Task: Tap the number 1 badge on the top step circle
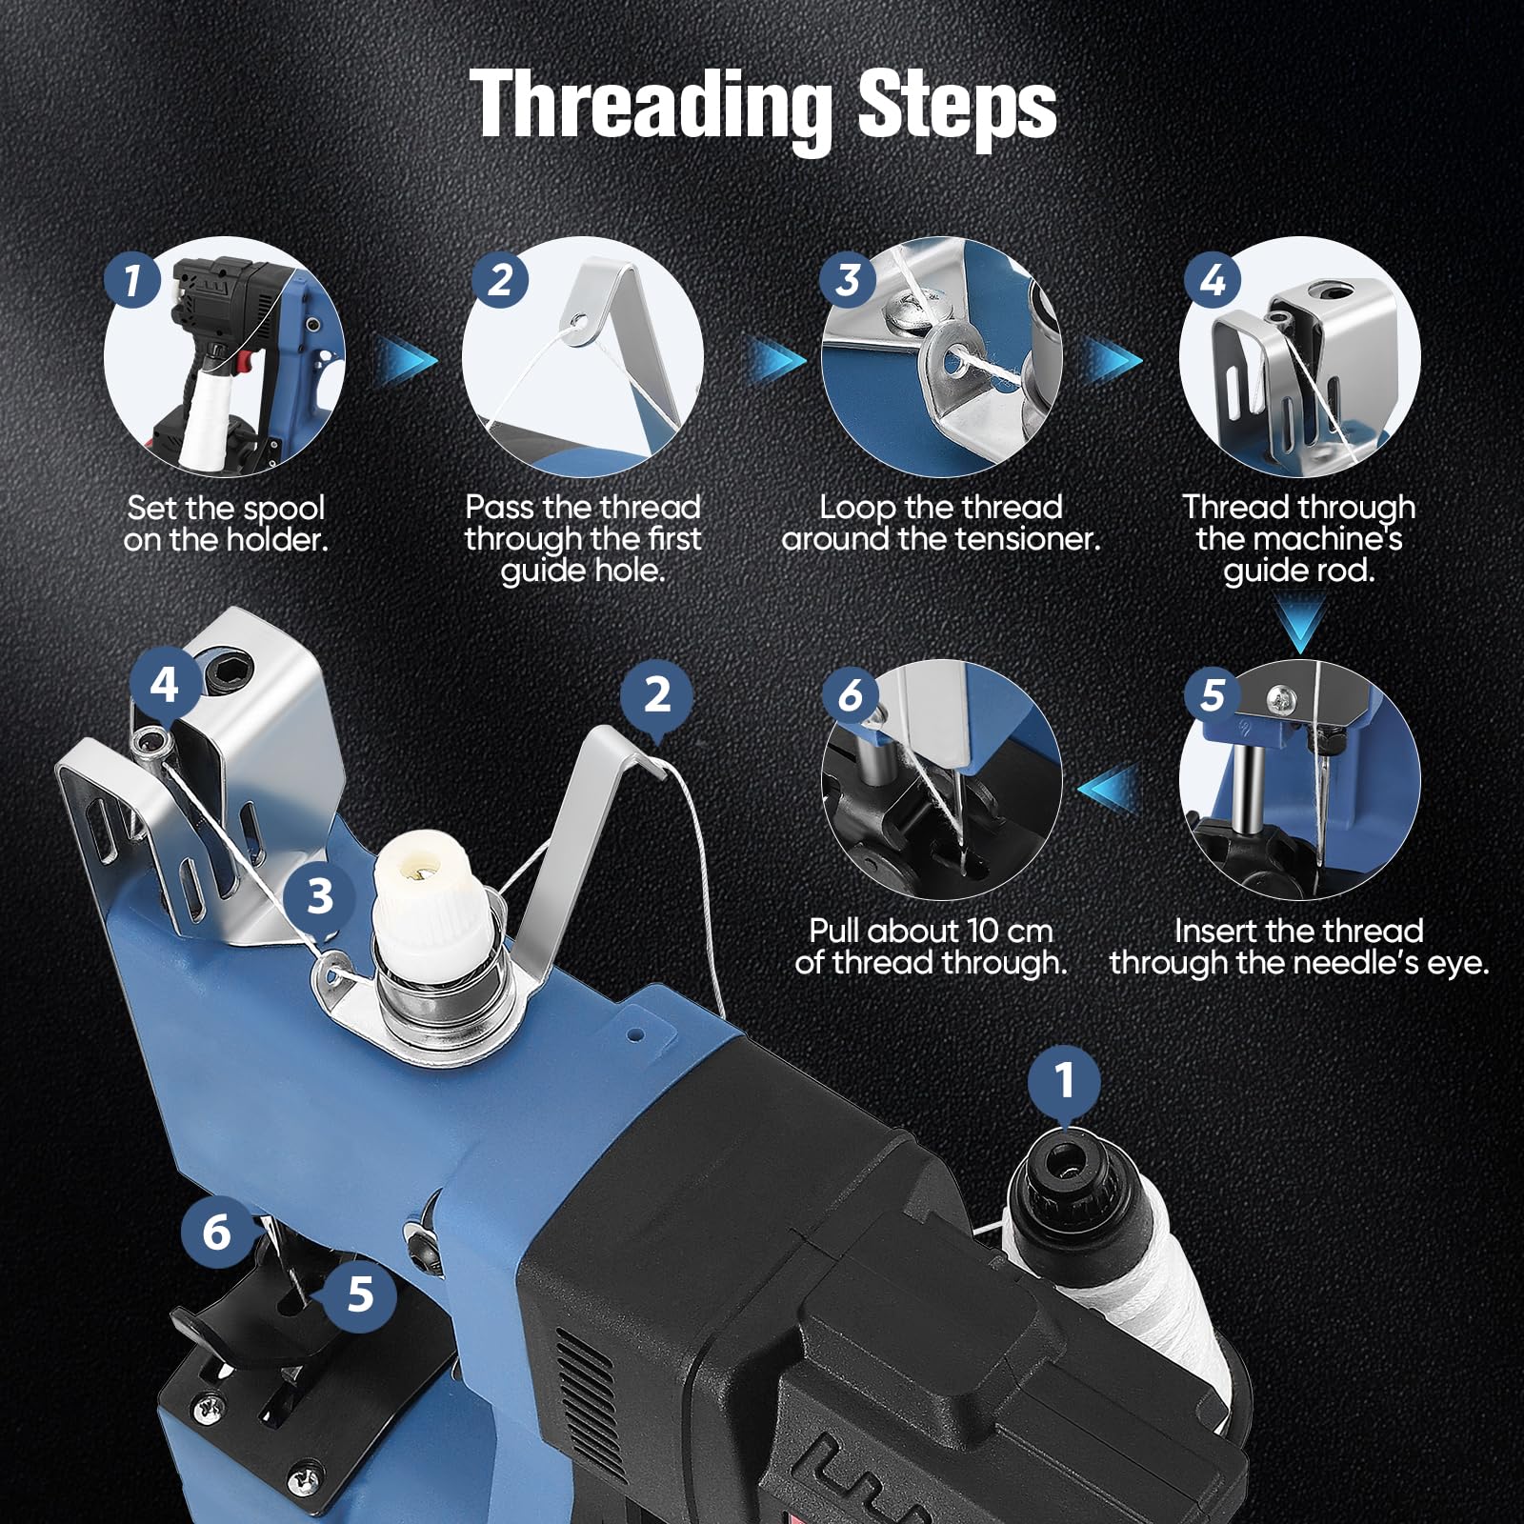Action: [132, 280]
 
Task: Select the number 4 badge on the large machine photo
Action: [165, 684]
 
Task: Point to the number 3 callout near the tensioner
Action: [320, 896]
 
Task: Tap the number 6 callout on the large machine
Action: [217, 1232]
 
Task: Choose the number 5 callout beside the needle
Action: [360, 1294]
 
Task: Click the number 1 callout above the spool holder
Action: [1064, 1081]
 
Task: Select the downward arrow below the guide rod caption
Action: [1300, 625]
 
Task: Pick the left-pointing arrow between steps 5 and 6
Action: [1110, 788]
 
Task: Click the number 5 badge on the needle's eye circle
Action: [1213, 695]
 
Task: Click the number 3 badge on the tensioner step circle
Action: [849, 280]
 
